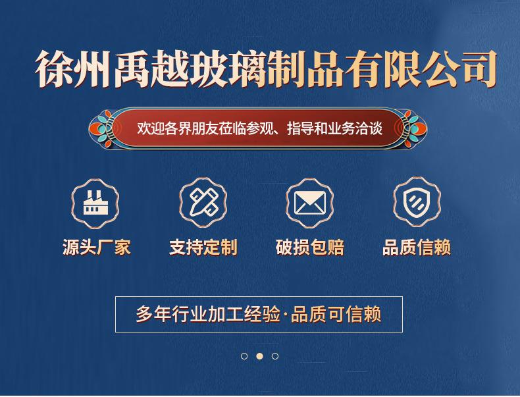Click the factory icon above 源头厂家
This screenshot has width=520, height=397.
tap(95, 203)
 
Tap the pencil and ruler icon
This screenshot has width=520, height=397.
tap(203, 203)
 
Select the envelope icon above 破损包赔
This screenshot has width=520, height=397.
tap(310, 203)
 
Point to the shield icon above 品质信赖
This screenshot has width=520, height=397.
tap(417, 202)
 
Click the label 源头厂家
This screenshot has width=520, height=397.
tap(97, 248)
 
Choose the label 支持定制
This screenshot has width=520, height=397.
tap(203, 248)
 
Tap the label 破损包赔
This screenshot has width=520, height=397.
tap(310, 248)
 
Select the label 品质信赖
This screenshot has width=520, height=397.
tap(417, 248)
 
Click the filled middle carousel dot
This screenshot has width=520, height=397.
tap(259, 356)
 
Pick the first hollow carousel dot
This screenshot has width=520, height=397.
tap(244, 356)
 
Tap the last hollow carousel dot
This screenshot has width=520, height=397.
tap(275, 356)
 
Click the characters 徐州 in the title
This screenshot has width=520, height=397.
tap(73, 69)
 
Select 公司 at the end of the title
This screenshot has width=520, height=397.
tap(461, 69)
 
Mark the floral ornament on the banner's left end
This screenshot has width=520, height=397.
tap(101, 128)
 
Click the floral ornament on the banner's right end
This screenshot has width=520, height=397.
tap(415, 128)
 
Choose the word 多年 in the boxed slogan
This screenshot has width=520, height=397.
tap(153, 314)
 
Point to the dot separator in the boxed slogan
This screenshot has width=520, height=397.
tap(285, 314)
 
